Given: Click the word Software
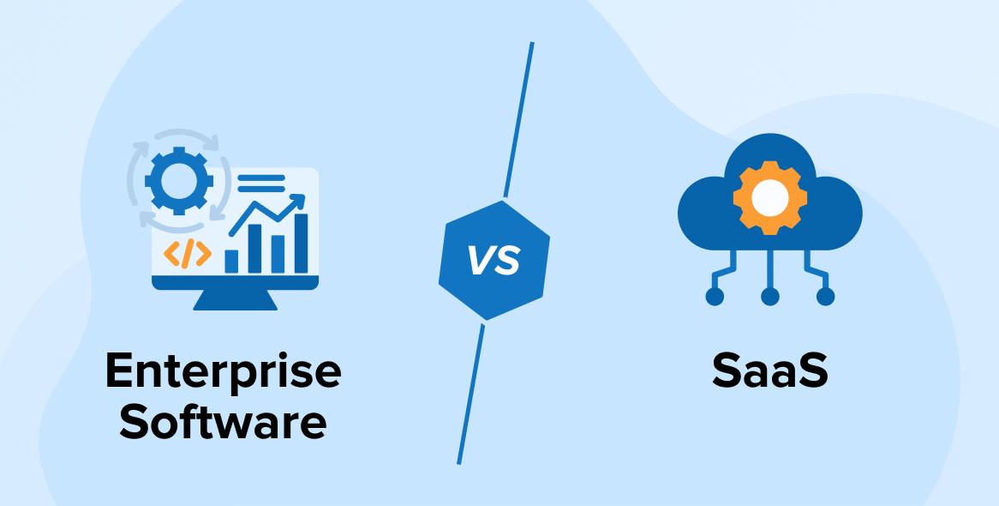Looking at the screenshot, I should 223,422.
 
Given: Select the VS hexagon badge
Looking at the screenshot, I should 494,260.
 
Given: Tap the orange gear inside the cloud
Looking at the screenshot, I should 769,198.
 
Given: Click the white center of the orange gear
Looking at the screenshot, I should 769,198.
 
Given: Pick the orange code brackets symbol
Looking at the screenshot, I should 187,254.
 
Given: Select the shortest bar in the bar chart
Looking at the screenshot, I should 230,260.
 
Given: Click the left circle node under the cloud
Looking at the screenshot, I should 714,297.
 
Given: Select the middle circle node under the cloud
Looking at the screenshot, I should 769,297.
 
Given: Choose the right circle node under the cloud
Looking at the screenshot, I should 825,297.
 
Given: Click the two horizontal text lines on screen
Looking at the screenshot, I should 260,184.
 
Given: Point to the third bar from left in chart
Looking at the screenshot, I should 278,254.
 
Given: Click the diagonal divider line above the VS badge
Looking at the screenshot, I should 518,120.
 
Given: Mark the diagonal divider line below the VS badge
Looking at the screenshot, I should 470,395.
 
